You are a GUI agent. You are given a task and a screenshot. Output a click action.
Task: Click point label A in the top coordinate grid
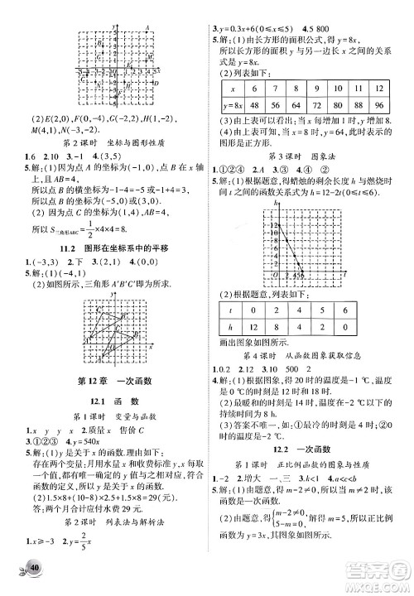pos(147,29)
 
